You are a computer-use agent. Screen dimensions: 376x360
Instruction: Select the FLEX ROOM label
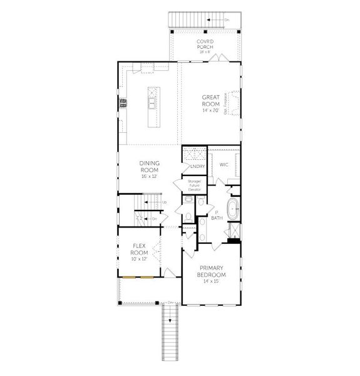139,249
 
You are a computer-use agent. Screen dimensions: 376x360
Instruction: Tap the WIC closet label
223,165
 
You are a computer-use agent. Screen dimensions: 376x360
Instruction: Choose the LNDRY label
196,166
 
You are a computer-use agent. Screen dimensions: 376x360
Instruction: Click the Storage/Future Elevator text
194,185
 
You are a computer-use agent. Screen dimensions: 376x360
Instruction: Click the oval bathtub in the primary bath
232,210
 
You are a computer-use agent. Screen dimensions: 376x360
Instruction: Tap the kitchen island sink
151,98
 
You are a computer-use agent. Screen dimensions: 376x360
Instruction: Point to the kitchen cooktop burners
123,102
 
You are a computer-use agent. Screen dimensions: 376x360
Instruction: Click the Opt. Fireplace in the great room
234,103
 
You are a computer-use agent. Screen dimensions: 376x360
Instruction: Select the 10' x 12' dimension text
139,259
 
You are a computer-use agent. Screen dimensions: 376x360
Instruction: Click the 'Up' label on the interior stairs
164,202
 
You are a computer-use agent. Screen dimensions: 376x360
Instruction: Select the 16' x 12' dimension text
149,176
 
